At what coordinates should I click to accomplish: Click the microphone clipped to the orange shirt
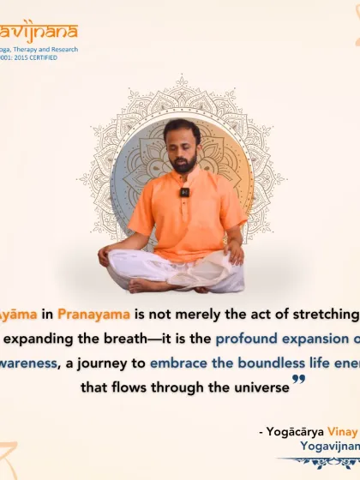[184, 192]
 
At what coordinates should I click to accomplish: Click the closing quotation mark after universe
[298, 381]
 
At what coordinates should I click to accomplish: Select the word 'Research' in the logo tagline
[61, 50]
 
